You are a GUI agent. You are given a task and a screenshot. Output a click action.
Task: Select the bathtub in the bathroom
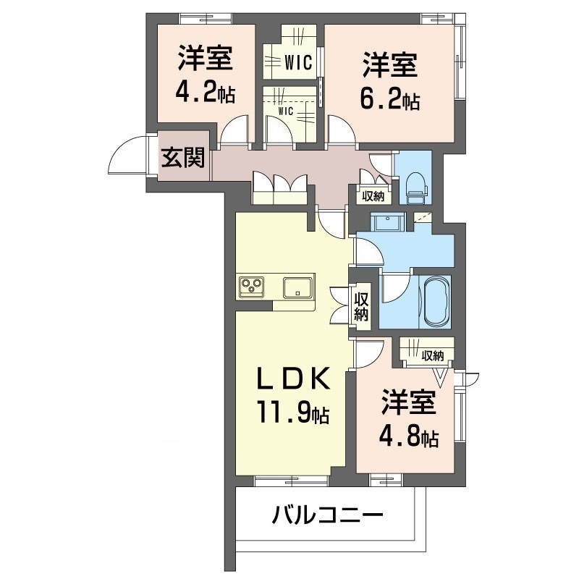[436, 300]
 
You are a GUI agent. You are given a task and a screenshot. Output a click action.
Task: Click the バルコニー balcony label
[327, 517]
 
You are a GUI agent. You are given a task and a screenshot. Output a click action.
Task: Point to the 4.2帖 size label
[206, 93]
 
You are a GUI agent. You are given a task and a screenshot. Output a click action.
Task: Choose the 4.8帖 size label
[410, 436]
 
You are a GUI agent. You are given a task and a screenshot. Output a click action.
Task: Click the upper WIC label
[298, 63]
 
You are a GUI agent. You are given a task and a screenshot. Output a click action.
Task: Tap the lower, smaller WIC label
[285, 111]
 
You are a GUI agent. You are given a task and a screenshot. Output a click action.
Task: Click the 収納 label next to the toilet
[373, 195]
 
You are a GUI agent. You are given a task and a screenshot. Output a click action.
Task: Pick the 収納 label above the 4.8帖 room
[433, 355]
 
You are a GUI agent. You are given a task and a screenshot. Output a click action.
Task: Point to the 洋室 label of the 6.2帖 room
[389, 66]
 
